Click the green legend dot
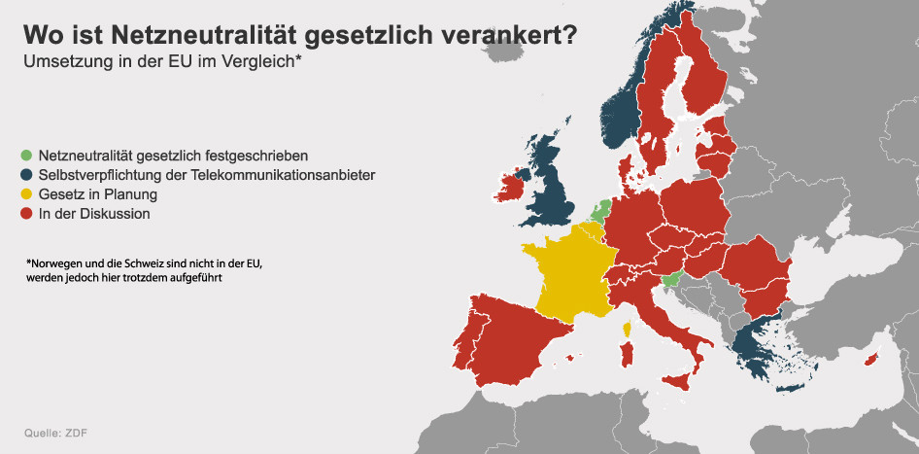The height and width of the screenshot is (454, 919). coord(26,156)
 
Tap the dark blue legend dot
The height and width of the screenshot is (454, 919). coord(26,175)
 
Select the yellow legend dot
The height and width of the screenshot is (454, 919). coord(26,194)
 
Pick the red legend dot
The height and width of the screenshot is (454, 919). coord(26,214)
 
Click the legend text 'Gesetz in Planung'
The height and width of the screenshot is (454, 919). coord(98,194)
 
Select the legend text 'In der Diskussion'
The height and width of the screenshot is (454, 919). coord(94,214)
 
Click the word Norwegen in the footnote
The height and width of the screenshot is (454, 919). coord(52,262)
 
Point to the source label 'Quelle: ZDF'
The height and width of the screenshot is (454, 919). coord(56,434)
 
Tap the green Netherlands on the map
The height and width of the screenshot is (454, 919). coord(599,210)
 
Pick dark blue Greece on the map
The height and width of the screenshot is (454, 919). coord(757,353)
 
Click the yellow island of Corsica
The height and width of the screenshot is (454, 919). coord(628,328)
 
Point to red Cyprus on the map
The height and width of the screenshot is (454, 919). coord(872,357)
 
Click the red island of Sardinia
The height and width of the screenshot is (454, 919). coord(628,355)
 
